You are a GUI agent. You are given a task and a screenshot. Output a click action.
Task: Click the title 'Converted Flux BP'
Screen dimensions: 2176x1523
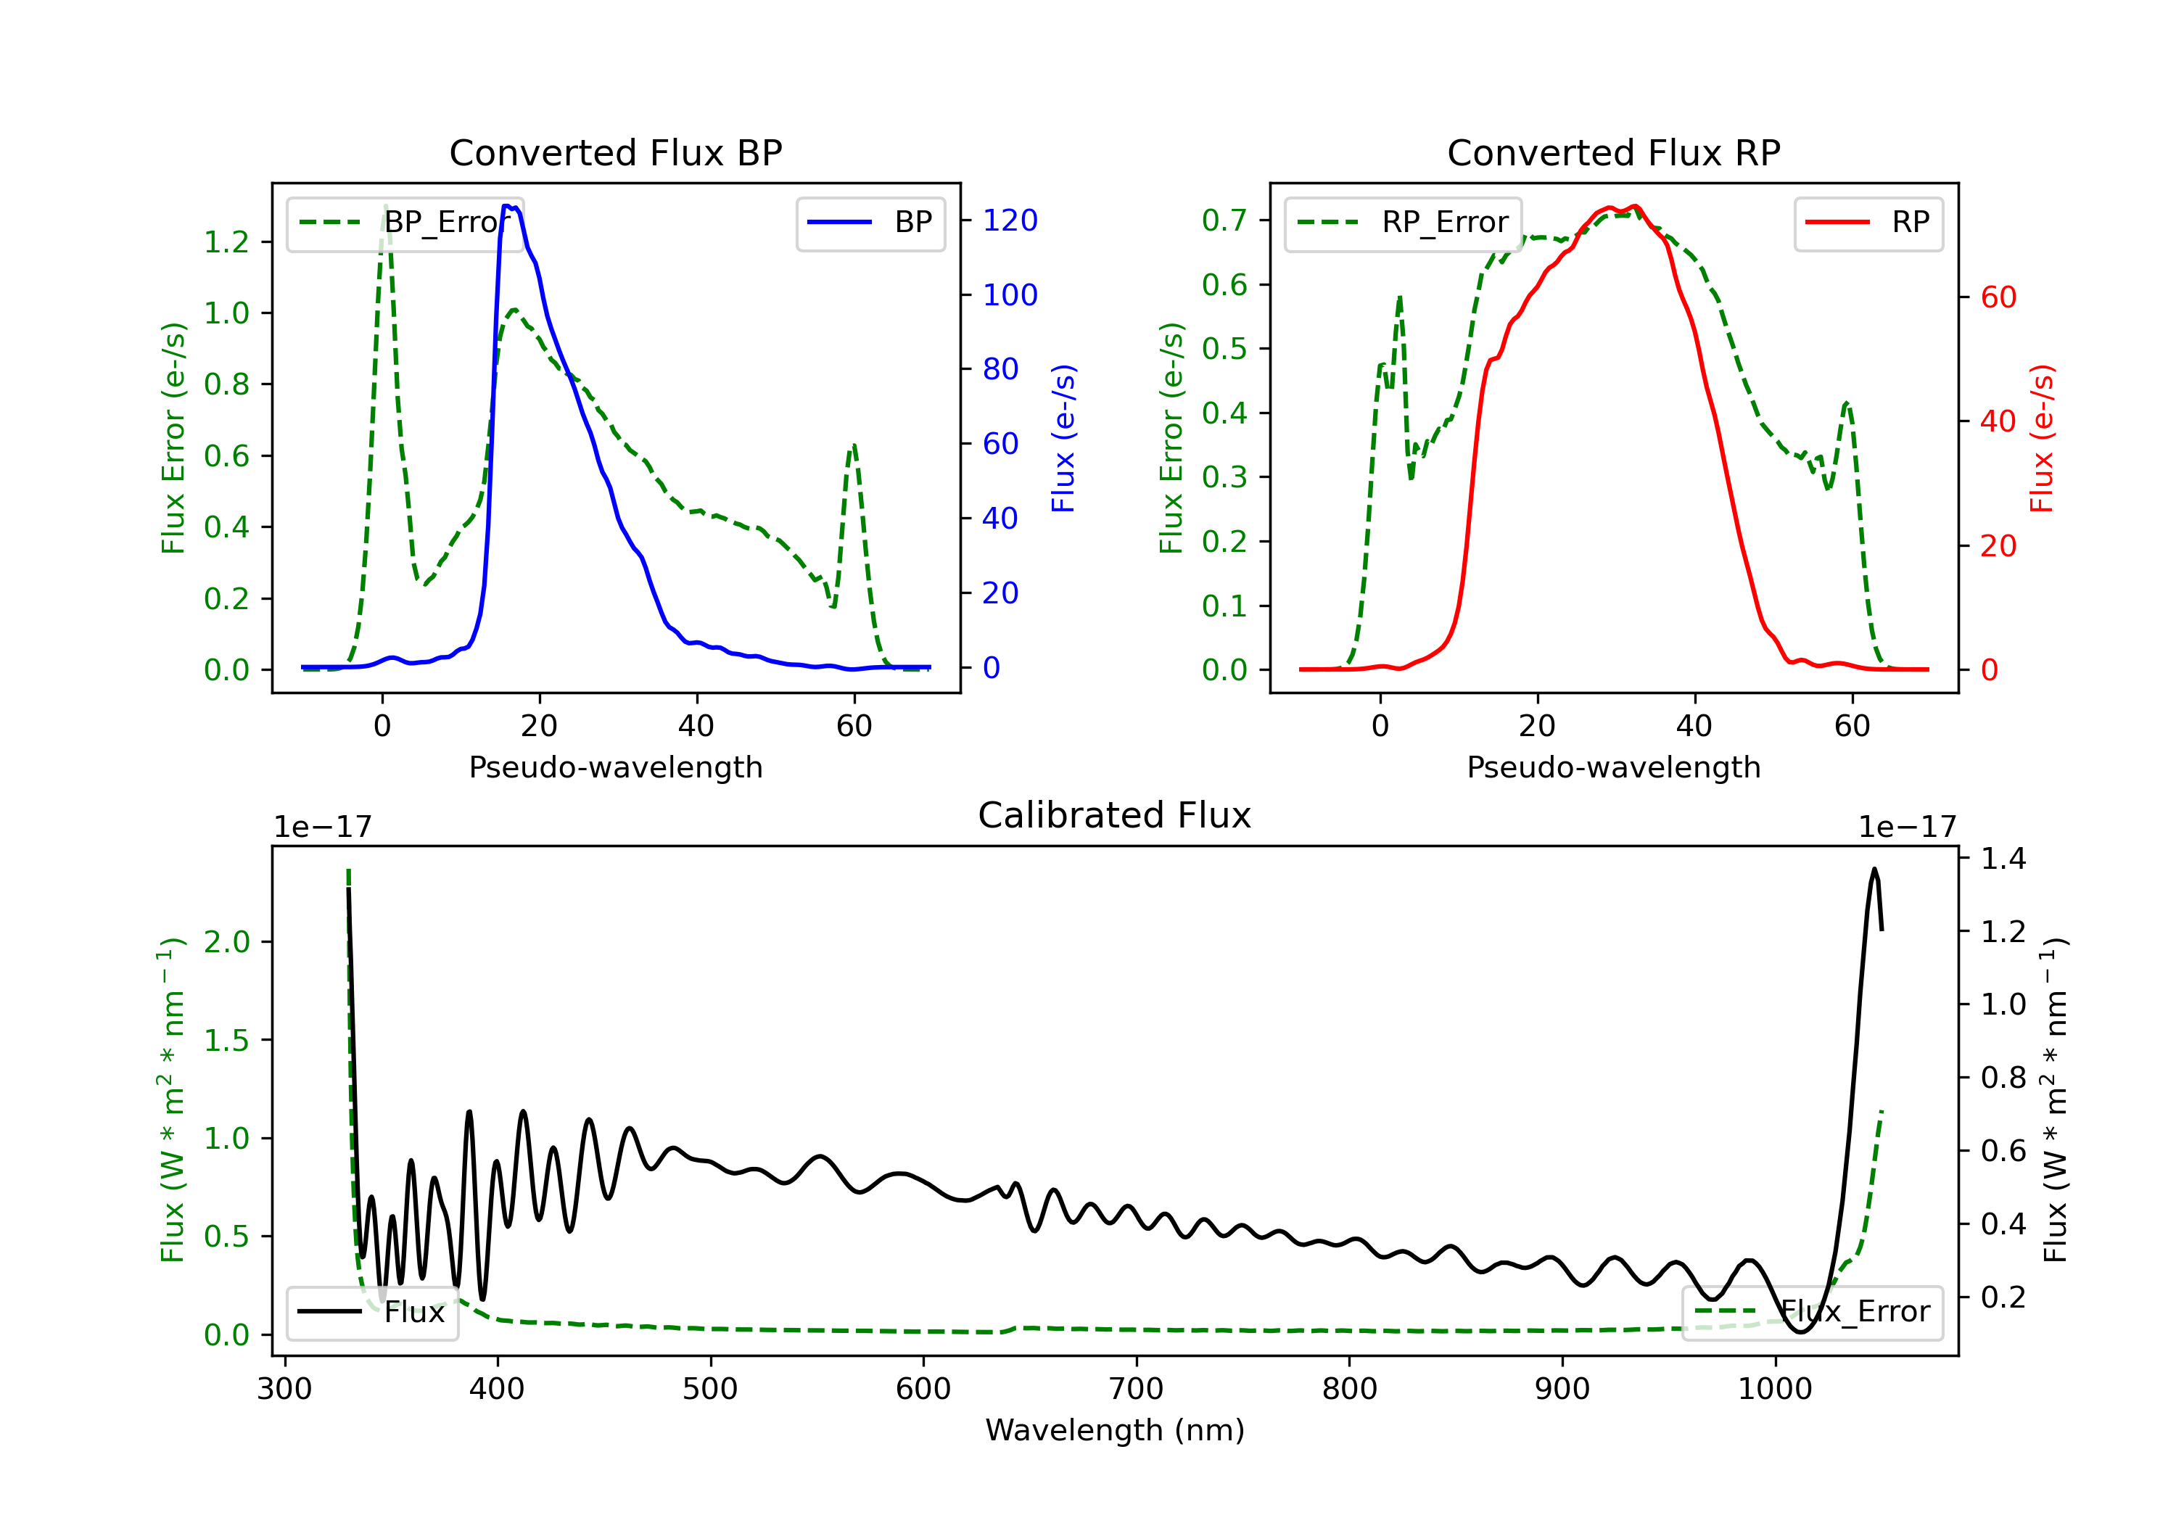point(615,152)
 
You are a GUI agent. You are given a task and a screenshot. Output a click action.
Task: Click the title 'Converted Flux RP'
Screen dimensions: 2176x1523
point(1613,152)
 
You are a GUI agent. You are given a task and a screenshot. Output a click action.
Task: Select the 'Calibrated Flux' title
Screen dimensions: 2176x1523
point(1115,815)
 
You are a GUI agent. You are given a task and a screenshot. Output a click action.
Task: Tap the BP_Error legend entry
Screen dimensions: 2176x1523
point(405,223)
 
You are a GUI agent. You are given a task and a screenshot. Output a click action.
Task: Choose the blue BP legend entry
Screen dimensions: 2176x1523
point(870,223)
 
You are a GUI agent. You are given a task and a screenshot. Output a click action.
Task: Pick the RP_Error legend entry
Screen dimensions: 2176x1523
point(1403,223)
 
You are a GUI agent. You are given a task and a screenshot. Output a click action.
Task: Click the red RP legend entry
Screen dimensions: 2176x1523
point(1868,223)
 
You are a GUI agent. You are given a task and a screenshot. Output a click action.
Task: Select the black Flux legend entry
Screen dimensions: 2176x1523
point(371,1312)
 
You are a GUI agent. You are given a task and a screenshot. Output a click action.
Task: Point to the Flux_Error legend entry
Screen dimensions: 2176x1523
point(1812,1312)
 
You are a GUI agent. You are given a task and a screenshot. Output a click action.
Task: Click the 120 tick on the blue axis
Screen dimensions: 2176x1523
point(1010,220)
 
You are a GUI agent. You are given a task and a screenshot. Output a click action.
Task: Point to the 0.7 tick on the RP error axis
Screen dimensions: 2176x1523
point(1224,220)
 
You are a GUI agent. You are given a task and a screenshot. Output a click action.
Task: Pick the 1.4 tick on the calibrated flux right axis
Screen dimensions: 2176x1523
point(2003,859)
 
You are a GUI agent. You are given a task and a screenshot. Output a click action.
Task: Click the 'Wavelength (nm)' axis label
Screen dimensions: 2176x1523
point(1115,1430)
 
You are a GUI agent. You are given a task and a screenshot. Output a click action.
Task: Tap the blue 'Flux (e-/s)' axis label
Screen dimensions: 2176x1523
point(1063,438)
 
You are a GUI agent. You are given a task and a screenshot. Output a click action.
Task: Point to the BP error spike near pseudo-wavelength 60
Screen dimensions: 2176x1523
point(854,445)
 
